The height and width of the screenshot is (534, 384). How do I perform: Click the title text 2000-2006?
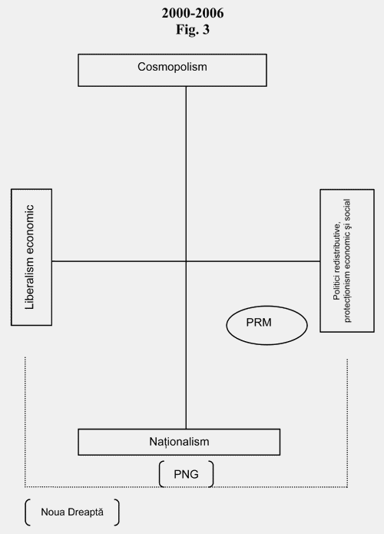pyautogui.click(x=193, y=13)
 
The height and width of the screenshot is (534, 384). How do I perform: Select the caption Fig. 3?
pyautogui.click(x=193, y=29)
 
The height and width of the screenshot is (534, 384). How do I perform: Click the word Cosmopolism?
pyautogui.click(x=172, y=67)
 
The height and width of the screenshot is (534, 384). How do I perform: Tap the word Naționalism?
pyautogui.click(x=179, y=442)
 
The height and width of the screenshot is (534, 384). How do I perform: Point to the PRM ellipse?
pyautogui.click(x=267, y=325)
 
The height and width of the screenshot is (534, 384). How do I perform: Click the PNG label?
pyautogui.click(x=186, y=474)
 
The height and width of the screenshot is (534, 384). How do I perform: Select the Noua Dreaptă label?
pyautogui.click(x=72, y=512)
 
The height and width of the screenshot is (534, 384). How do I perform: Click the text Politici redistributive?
pyautogui.click(x=336, y=261)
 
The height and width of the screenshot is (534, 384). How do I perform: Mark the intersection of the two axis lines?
pyautogui.click(x=186, y=261)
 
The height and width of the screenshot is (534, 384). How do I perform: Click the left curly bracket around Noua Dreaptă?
pyautogui.click(x=27, y=512)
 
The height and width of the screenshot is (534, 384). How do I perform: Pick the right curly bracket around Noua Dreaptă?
pyautogui.click(x=117, y=512)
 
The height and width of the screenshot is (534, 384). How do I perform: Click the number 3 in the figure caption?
pyautogui.click(x=206, y=29)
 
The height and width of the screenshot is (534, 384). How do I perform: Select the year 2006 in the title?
pyautogui.click(x=210, y=13)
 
